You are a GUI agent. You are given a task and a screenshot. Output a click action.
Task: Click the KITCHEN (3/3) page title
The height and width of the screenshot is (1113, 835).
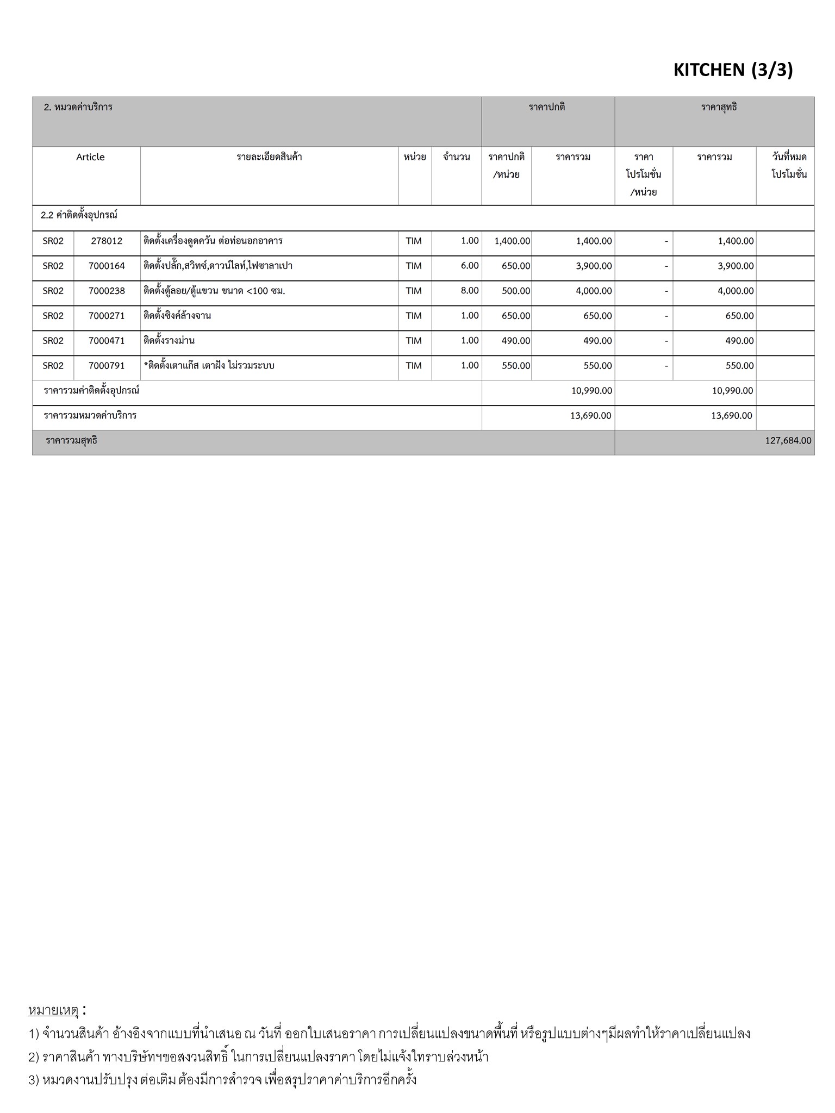(x=733, y=70)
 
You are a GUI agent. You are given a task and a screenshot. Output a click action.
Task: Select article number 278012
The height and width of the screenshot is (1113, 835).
(x=107, y=241)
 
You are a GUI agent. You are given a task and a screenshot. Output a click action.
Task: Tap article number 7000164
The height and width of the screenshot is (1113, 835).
(x=107, y=266)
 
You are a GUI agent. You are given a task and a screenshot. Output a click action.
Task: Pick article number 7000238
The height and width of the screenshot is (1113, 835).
(x=107, y=291)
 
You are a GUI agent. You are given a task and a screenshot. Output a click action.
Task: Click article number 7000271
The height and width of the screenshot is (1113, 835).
(x=107, y=316)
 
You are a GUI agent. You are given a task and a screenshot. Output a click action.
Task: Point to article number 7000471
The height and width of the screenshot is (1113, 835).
(x=107, y=341)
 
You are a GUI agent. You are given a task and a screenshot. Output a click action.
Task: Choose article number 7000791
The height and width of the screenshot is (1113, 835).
(x=107, y=366)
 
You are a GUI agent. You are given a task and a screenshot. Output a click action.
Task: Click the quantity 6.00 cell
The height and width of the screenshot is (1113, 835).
(x=469, y=266)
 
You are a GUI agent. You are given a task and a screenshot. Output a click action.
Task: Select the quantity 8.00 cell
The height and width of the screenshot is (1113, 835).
(x=469, y=291)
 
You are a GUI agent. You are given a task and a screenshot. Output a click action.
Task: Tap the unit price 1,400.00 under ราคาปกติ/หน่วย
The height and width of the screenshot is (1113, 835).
(x=512, y=241)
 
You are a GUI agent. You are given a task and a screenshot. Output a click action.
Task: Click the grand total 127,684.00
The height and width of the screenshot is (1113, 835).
(x=788, y=441)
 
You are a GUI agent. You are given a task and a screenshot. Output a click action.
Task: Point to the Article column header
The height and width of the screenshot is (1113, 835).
(x=90, y=157)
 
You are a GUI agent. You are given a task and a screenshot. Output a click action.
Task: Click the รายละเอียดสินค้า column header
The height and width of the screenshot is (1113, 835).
(x=269, y=157)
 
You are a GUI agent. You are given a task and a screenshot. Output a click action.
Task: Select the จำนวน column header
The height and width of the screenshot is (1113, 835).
(x=456, y=157)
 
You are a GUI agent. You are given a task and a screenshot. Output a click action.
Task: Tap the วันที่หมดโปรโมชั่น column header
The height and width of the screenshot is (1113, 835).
(x=789, y=166)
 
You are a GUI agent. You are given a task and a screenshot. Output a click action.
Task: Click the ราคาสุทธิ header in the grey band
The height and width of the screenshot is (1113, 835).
(x=719, y=107)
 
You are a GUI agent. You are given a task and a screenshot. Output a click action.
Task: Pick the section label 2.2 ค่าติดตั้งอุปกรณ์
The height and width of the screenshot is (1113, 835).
(x=79, y=215)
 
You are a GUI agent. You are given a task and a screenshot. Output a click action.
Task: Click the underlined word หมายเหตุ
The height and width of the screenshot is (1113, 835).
(x=53, y=1010)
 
